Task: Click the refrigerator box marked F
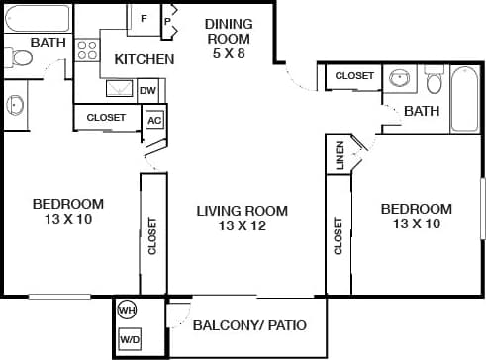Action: point(145,19)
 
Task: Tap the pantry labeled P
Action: point(167,21)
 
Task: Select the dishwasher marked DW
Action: point(148,90)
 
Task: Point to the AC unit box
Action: point(154,120)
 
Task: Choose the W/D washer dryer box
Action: point(129,340)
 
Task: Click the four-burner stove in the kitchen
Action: point(87,49)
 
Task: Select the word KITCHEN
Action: point(145,59)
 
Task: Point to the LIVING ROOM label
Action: point(242,218)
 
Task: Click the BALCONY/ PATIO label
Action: point(248,325)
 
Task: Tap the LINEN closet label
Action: point(340,154)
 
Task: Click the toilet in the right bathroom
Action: point(434,79)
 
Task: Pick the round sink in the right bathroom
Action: point(399,78)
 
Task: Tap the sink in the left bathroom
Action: point(16,104)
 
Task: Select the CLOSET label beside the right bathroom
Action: point(354,76)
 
